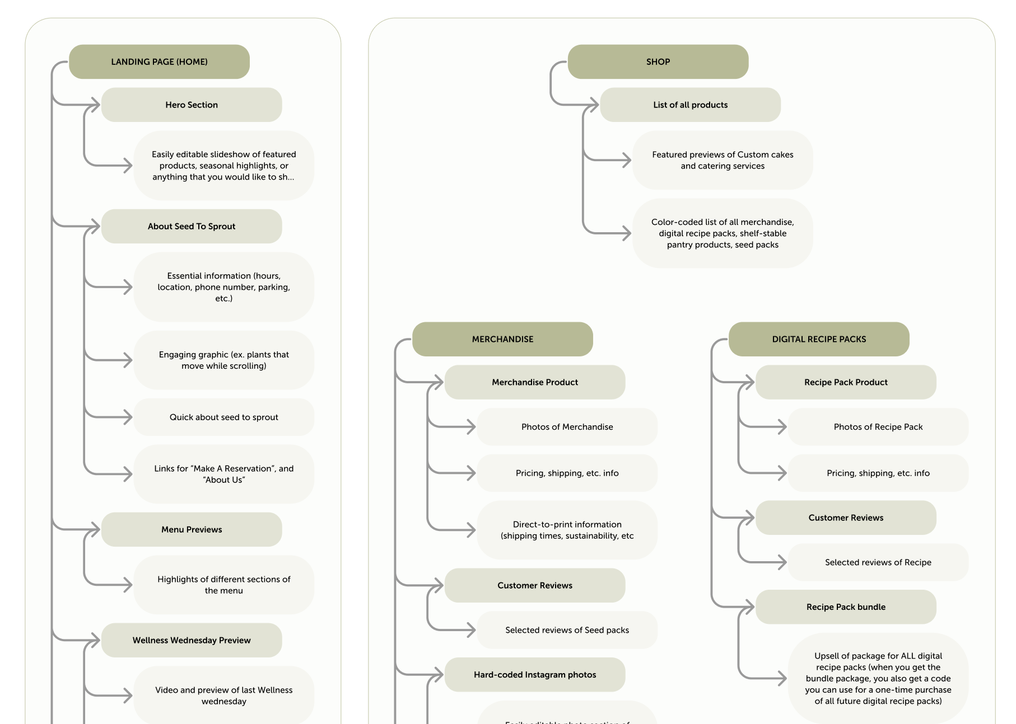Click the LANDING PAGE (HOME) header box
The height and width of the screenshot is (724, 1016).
pyautogui.click(x=159, y=62)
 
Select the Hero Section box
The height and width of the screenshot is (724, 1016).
pyautogui.click(x=192, y=105)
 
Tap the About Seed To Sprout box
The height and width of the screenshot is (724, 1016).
pyautogui.click(x=192, y=226)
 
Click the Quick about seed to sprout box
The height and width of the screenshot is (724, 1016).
pyautogui.click(x=223, y=417)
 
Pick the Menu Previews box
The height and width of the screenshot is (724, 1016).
pyautogui.click(x=192, y=529)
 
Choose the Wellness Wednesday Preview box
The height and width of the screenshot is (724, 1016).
pyautogui.click(x=192, y=640)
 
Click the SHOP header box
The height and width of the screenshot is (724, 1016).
pyautogui.click(x=658, y=62)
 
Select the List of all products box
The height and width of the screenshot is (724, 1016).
pyautogui.click(x=690, y=105)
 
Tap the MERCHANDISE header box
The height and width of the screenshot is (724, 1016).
pyautogui.click(x=502, y=339)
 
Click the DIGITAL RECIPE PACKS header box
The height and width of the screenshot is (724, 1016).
pyautogui.click(x=819, y=339)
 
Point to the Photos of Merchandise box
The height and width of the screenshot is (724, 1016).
pyautogui.click(x=567, y=427)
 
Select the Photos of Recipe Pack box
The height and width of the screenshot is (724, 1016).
pyautogui.click(x=878, y=427)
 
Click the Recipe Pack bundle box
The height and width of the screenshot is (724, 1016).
pyautogui.click(x=846, y=607)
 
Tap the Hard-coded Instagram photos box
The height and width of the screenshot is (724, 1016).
pyautogui.click(x=535, y=675)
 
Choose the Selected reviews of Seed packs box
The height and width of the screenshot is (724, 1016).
pyautogui.click(x=567, y=630)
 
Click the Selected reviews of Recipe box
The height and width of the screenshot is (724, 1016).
pyautogui.click(x=878, y=562)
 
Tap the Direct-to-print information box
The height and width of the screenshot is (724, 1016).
pyautogui.click(x=567, y=530)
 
